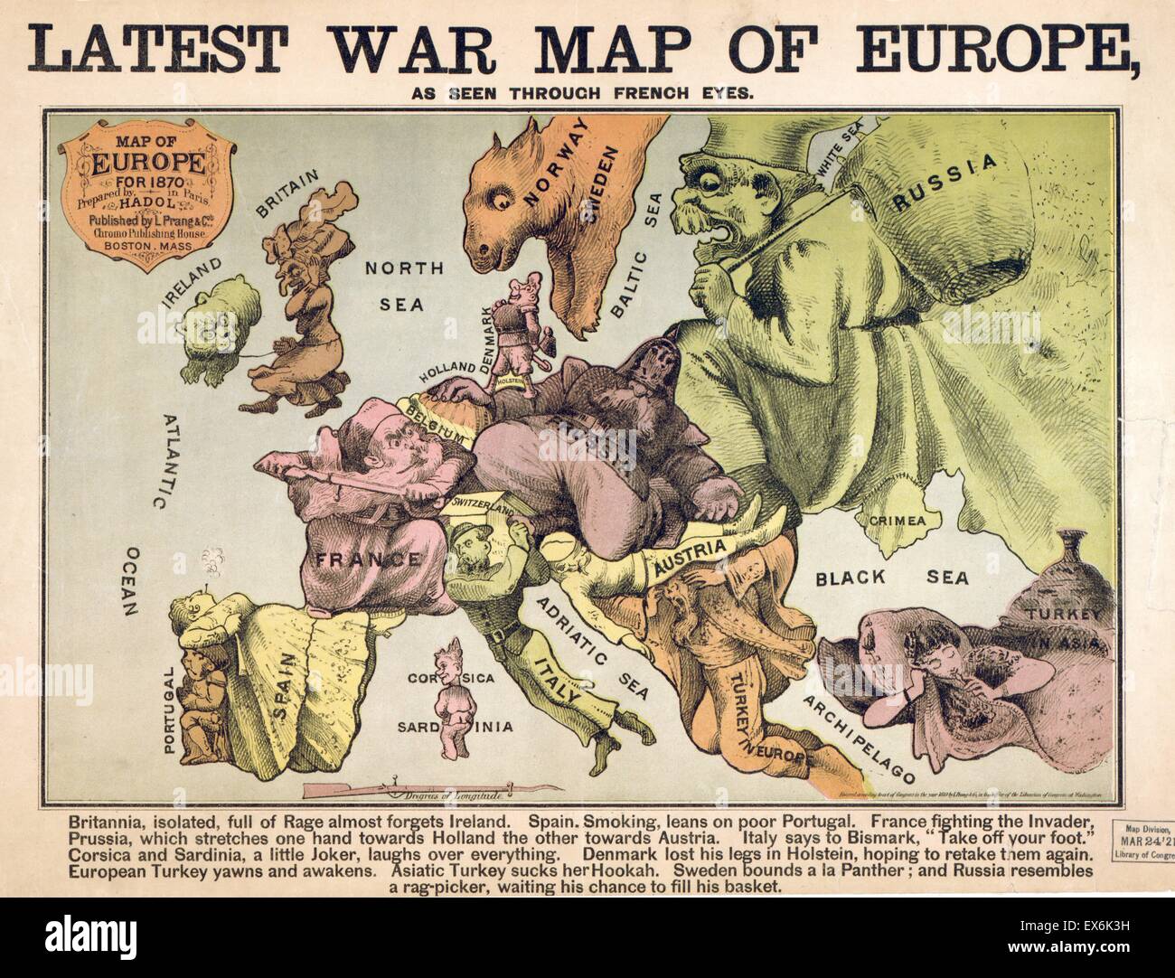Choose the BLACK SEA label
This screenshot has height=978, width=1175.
pos(890,578)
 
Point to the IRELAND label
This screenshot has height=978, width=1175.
pos(192,279)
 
